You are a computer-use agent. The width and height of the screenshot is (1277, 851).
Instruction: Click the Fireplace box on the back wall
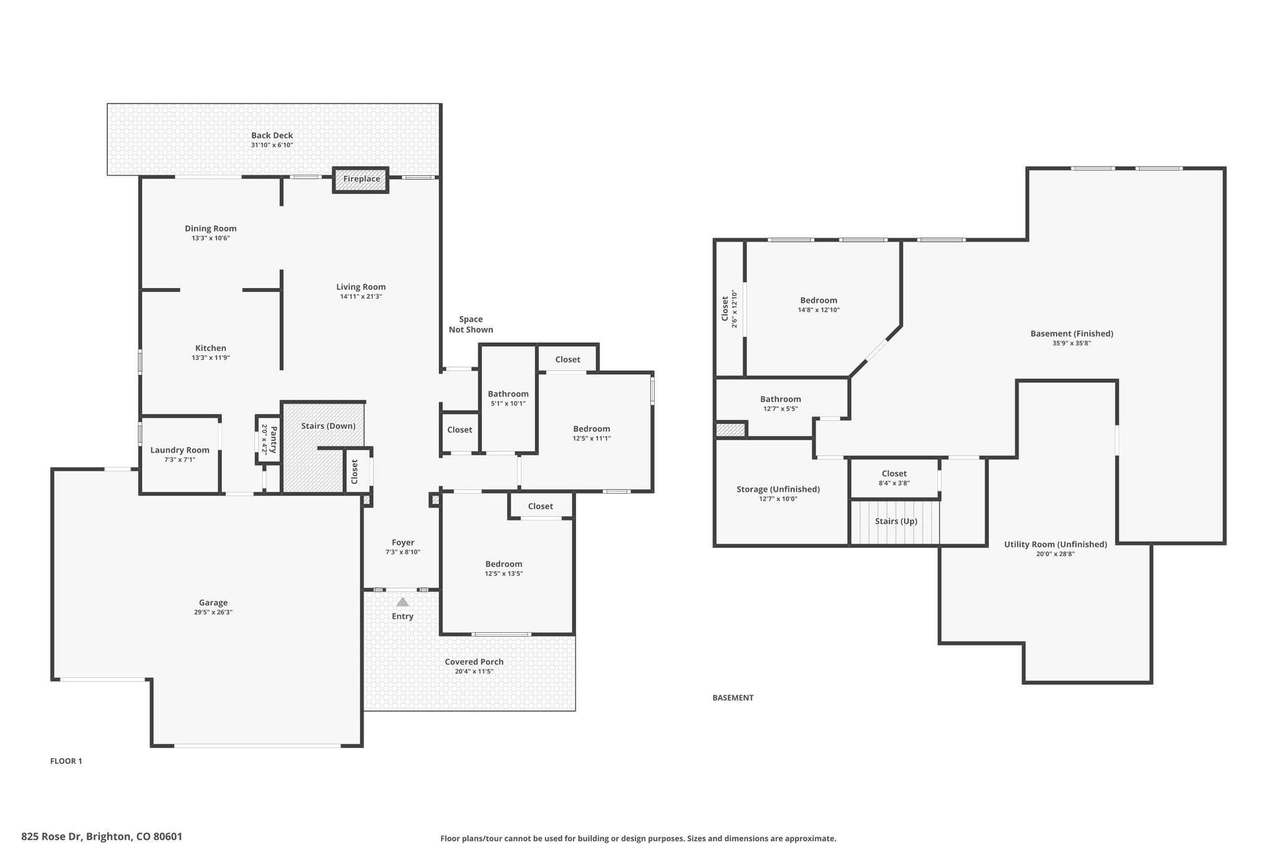tap(361, 180)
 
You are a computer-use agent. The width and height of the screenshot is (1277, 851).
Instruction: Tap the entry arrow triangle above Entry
tap(403, 602)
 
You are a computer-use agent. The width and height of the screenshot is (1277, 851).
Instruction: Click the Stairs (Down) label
tap(328, 426)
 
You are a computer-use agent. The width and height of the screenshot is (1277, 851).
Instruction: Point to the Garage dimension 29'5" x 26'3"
tap(213, 612)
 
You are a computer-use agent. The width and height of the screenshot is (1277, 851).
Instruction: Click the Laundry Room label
tap(180, 450)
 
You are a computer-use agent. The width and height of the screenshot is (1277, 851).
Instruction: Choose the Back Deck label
tap(272, 135)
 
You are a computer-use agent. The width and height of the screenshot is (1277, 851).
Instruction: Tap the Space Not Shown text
tap(471, 324)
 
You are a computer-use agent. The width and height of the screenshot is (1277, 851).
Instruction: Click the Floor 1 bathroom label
tap(508, 394)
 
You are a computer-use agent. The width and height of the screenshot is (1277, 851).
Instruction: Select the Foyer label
tap(403, 542)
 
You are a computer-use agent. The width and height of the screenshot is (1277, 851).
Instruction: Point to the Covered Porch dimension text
tap(473, 671)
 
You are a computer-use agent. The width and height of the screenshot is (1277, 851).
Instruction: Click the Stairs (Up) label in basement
tap(895, 521)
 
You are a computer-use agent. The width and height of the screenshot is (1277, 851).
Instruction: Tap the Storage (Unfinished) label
tap(778, 489)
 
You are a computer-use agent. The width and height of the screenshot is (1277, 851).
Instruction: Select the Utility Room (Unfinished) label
tap(1055, 544)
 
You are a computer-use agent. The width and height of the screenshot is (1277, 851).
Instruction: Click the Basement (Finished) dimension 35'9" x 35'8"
tap(1071, 343)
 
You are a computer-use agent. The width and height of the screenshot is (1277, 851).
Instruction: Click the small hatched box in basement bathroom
tap(730, 430)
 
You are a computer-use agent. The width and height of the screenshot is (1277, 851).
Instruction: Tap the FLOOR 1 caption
tap(66, 761)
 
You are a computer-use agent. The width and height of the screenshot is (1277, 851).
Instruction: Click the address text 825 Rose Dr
tap(102, 836)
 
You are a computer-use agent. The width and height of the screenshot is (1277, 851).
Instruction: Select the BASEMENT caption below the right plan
tap(733, 698)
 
